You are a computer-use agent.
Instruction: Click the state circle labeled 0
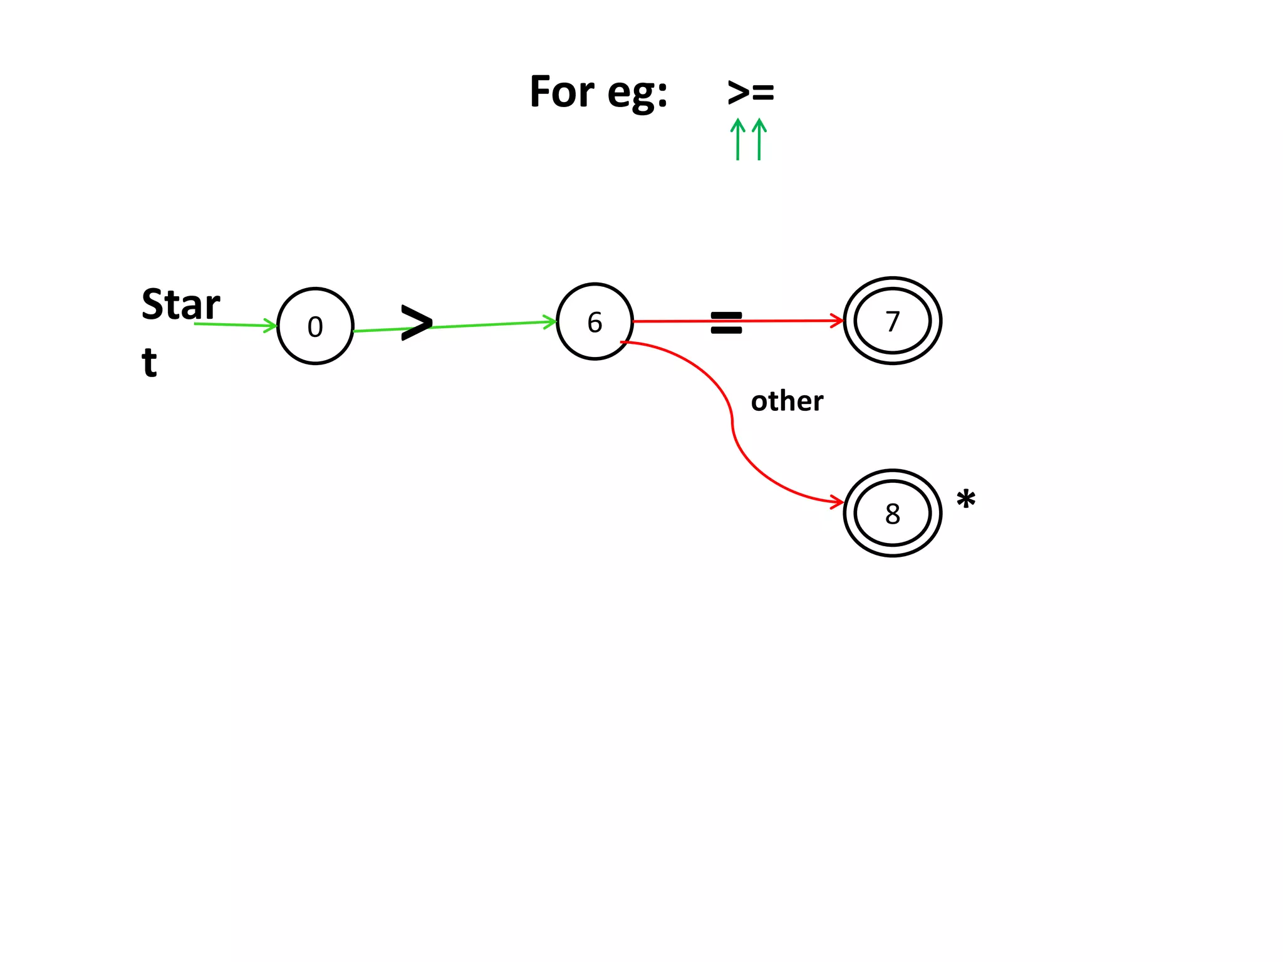pyautogui.click(x=315, y=326)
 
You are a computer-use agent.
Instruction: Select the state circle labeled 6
pyautogui.click(x=595, y=322)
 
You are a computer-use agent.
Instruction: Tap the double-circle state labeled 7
pyautogui.click(x=892, y=321)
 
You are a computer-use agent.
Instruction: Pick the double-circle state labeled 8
pyautogui.click(x=892, y=513)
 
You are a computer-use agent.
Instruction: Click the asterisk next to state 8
pyautogui.click(x=965, y=500)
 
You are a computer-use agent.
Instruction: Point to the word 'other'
pyautogui.click(x=787, y=401)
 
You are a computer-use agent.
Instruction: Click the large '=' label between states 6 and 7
pyautogui.click(x=726, y=323)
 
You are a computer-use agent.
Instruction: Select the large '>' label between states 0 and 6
pyautogui.click(x=417, y=323)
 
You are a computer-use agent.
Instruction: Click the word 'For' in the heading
pyautogui.click(x=561, y=91)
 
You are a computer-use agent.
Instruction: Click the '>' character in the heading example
pyautogui.click(x=739, y=93)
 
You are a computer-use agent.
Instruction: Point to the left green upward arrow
pyautogui.click(x=738, y=138)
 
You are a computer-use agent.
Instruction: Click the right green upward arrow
pyautogui.click(x=759, y=138)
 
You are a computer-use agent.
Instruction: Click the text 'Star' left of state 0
pyautogui.click(x=180, y=304)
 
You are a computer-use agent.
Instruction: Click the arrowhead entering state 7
pyautogui.click(x=838, y=321)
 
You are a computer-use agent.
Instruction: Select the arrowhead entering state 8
pyautogui.click(x=838, y=501)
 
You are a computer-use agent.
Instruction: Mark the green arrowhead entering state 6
pyautogui.click(x=550, y=322)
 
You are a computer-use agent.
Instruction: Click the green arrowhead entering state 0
pyautogui.click(x=271, y=325)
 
